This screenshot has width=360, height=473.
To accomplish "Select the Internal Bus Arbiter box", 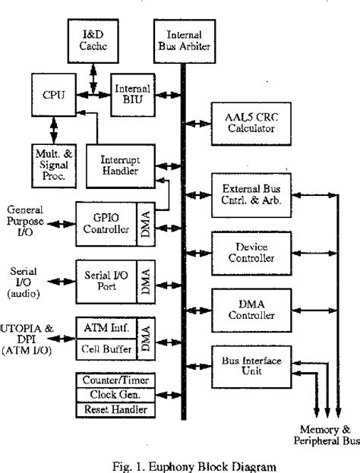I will pos(182,39).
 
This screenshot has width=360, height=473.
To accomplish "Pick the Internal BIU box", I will pos(132,93).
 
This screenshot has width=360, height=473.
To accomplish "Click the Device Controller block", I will pos(246,253).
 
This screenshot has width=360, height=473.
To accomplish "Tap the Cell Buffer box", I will pos(106,348).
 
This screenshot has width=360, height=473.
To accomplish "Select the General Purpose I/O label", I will pos(27,220).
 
